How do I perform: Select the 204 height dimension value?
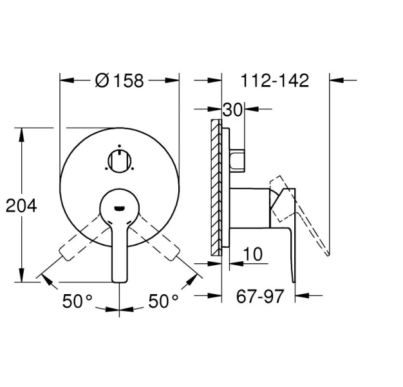tap(21, 206)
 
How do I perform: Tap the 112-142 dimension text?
tap(275, 81)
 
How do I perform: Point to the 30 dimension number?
tap(233, 110)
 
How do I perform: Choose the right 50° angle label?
tap(164, 301)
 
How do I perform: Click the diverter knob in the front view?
tap(120, 159)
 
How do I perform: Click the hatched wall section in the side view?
tap(216, 187)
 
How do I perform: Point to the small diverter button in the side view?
tap(238, 160)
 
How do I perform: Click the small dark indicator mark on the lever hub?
tap(120, 208)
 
